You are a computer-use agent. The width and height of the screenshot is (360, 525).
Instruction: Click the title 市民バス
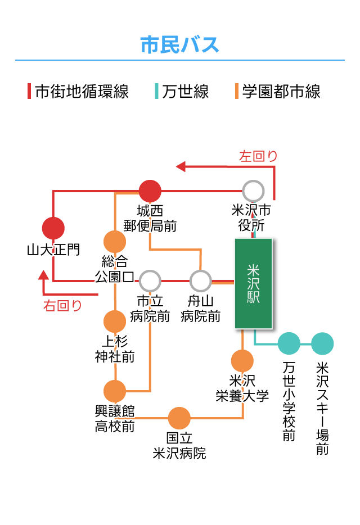pos(179,44)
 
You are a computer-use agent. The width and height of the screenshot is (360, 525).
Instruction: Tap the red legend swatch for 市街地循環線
pos(29,91)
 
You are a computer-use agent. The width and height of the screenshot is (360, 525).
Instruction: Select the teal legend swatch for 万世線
pos(157,91)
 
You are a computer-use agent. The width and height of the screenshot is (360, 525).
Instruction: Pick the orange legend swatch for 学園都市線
pos(237,91)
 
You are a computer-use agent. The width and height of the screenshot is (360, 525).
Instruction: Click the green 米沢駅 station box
pos(253,283)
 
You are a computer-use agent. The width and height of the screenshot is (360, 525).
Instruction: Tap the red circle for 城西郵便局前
pos(150,191)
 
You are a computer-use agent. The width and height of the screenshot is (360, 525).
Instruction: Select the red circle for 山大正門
pos(53,228)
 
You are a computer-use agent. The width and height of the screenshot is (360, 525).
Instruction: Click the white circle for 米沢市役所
pos(253,191)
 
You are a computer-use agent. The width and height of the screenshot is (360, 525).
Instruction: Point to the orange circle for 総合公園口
pos(115,242)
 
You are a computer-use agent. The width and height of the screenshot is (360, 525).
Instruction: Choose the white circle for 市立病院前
pos(150,280)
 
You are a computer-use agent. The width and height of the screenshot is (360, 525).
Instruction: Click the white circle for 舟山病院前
pos(200,280)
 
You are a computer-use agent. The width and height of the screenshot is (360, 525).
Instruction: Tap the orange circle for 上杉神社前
pos(115,321)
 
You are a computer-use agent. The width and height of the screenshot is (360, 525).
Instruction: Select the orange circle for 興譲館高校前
pos(115,391)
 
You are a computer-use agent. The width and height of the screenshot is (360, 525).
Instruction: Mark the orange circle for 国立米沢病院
pos(179,418)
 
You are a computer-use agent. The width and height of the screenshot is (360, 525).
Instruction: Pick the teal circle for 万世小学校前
pos(289,344)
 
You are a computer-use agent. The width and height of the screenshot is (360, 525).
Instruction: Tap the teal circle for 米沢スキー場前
pos(322,344)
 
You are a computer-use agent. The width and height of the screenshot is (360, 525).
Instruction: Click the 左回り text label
pos(259,156)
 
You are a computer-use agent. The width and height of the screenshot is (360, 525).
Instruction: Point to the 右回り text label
pos(63,306)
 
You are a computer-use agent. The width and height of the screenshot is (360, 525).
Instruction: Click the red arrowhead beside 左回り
pos(181,166)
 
